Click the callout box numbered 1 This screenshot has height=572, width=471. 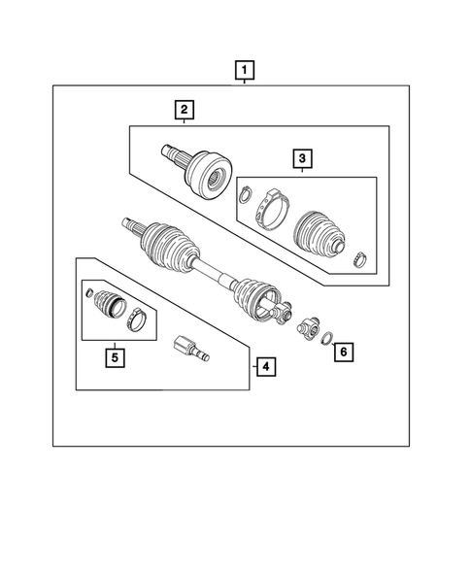tap(245, 70)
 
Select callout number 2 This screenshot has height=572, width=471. tap(183, 111)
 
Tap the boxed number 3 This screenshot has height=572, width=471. tap(303, 158)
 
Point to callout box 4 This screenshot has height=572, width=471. tap(262, 366)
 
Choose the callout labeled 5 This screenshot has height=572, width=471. tap(115, 357)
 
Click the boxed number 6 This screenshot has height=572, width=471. tap(345, 352)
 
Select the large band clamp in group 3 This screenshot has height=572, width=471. tap(271, 207)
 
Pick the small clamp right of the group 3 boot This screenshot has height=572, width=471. tap(358, 258)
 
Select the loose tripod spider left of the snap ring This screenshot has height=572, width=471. tap(307, 329)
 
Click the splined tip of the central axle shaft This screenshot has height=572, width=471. tap(131, 226)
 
